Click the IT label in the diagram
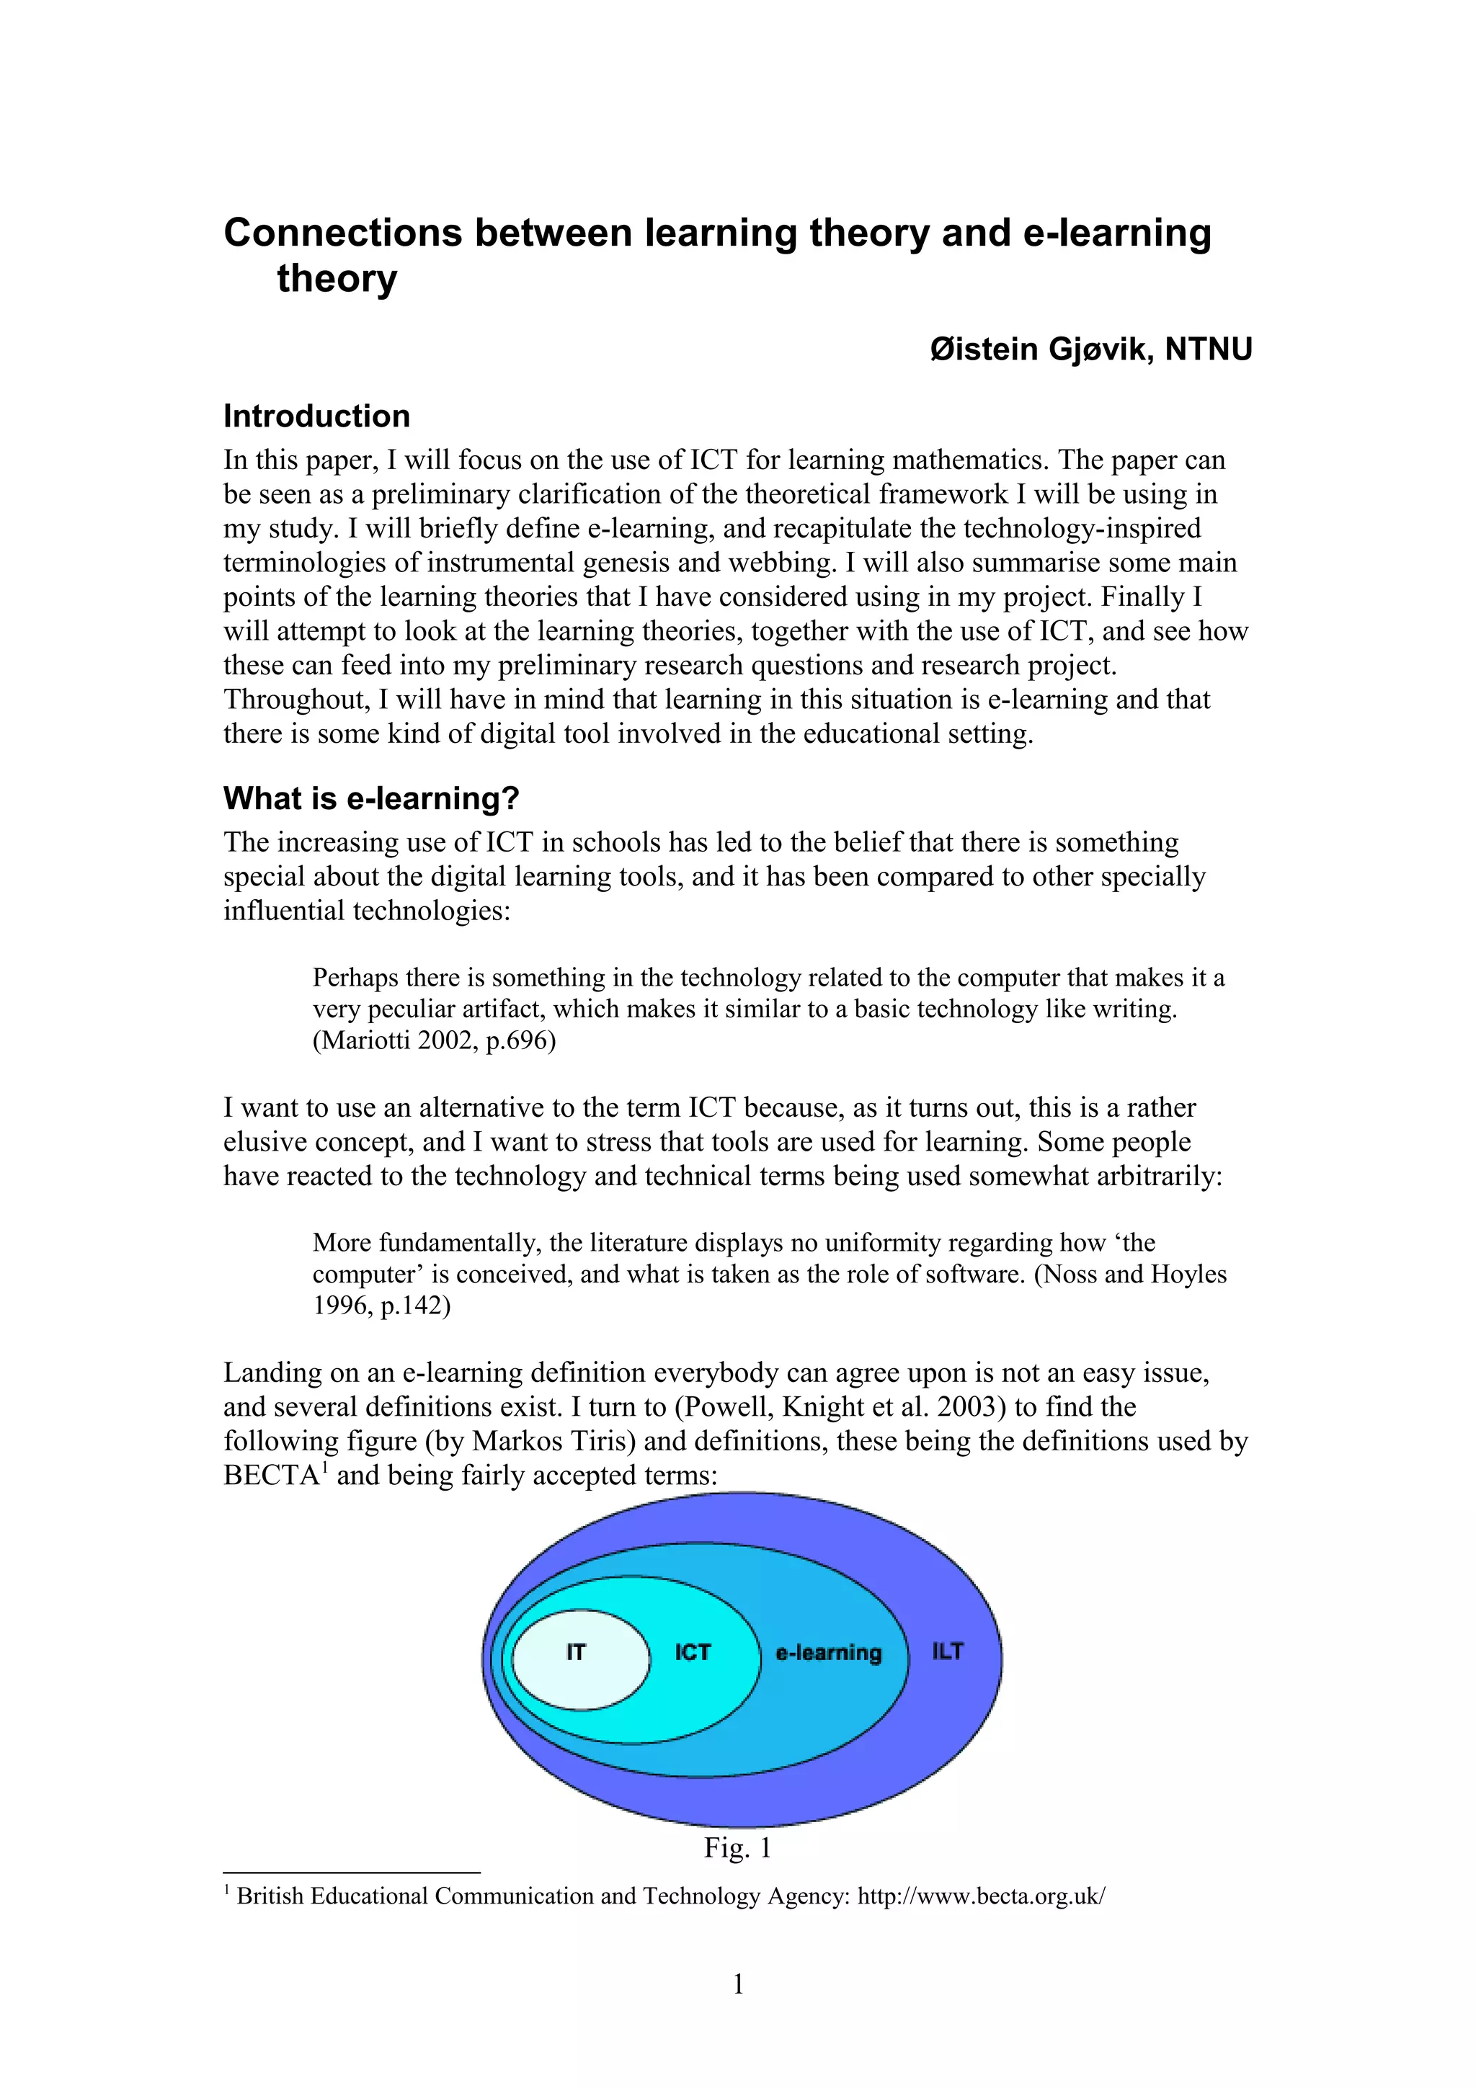576,1652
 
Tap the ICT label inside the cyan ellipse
692,1652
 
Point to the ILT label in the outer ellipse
947,1651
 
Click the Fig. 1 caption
737,1847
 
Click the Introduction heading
316,416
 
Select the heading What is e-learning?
371,798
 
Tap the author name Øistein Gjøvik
1041,349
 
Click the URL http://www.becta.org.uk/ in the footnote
982,1896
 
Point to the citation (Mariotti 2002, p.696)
434,1040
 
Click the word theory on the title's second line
337,278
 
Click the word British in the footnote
270,1896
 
